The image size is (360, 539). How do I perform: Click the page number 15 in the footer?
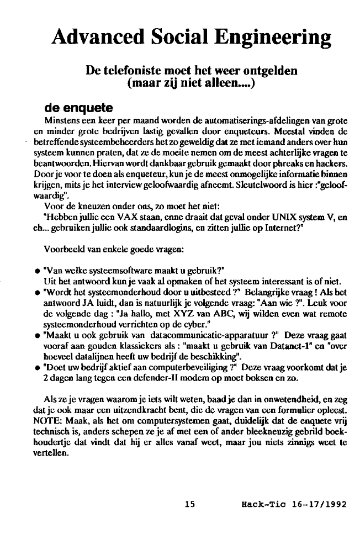[190, 504]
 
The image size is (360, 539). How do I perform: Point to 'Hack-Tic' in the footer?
[261, 504]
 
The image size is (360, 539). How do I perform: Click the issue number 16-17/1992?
[314, 504]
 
